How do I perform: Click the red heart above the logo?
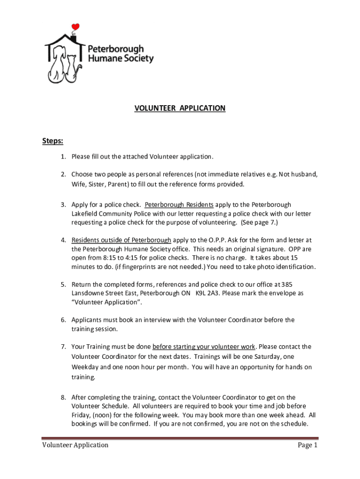click(76, 27)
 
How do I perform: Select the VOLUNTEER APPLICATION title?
click(180, 109)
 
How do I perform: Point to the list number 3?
click(63, 205)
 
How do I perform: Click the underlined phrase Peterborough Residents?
click(179, 205)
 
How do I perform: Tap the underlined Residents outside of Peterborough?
click(121, 240)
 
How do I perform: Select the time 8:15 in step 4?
click(115, 258)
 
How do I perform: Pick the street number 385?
click(288, 284)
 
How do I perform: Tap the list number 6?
click(63, 320)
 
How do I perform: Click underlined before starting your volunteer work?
click(204, 347)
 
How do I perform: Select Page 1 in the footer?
click(308, 445)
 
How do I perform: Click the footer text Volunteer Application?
click(75, 445)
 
